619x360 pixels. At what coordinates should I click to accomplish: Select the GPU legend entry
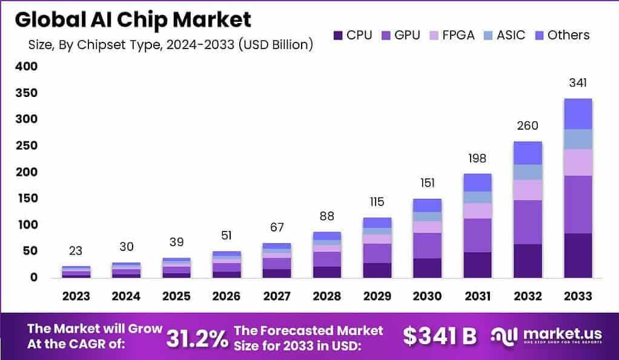[x=400, y=35]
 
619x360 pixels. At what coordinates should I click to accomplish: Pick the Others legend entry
[x=561, y=35]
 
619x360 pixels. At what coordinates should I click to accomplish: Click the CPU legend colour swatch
[x=338, y=36]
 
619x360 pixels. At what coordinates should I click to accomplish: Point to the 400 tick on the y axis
[x=26, y=67]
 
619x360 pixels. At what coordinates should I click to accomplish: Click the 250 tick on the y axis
[x=26, y=146]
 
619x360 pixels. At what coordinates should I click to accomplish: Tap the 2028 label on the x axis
[x=328, y=296]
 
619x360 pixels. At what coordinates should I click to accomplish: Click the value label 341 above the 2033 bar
[x=577, y=83]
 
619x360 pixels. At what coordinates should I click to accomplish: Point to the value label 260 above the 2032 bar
[x=527, y=125]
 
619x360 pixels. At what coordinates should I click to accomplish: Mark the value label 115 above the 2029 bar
[x=377, y=202]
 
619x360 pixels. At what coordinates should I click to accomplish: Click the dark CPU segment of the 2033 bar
[x=577, y=255]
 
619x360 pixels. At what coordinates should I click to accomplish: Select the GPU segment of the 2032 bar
[x=527, y=222]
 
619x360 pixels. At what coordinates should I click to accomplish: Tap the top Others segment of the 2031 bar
[x=477, y=182]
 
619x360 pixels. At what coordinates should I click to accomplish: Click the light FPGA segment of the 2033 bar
[x=577, y=162]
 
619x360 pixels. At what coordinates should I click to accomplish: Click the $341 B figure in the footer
[x=440, y=336]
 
